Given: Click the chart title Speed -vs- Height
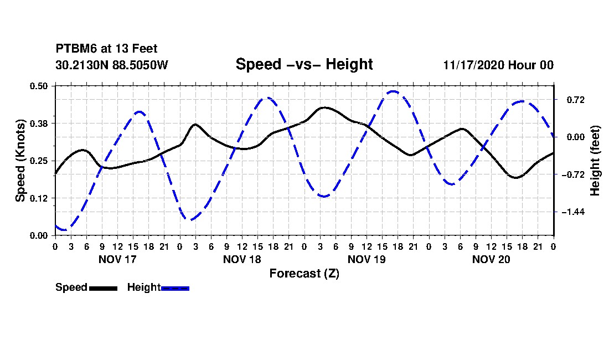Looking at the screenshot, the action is point(304,64).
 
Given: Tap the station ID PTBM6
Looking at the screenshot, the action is point(76,49).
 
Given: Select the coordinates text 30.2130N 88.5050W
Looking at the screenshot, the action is point(112,65).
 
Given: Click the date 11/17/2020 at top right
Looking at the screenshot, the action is point(474,65).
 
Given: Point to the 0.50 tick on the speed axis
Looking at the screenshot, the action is point(39,86).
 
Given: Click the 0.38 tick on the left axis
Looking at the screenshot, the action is point(39,124).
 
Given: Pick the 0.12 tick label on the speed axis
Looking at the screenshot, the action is point(39,198).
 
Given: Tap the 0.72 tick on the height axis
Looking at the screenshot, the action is point(576,100).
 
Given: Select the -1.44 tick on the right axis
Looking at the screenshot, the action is point(573,212).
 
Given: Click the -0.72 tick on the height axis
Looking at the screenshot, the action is point(573,175).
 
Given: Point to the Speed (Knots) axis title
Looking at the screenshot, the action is point(20,161).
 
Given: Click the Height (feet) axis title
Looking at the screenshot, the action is point(595,161).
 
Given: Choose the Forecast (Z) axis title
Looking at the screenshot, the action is point(304,274).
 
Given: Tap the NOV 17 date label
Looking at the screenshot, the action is point(118,259).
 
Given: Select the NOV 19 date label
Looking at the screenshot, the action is point(367,259).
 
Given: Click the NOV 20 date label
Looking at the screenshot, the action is point(491,259).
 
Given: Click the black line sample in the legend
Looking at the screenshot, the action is point(104,288).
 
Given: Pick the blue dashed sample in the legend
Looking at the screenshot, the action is point(175,288).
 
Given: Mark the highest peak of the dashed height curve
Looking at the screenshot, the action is point(394,91).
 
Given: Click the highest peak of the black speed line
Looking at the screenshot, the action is point(324,107).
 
